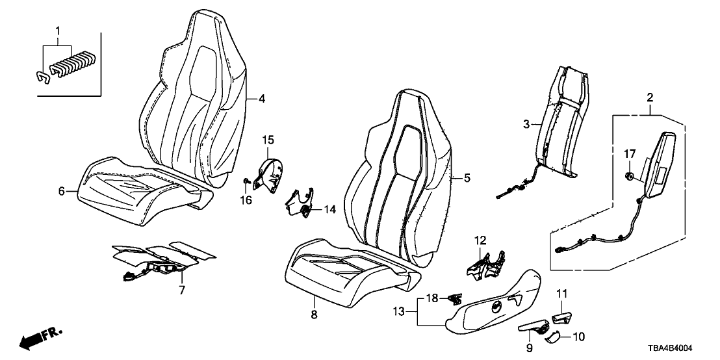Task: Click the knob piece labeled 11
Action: pyautogui.click(x=561, y=317)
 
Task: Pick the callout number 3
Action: pyautogui.click(x=527, y=123)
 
